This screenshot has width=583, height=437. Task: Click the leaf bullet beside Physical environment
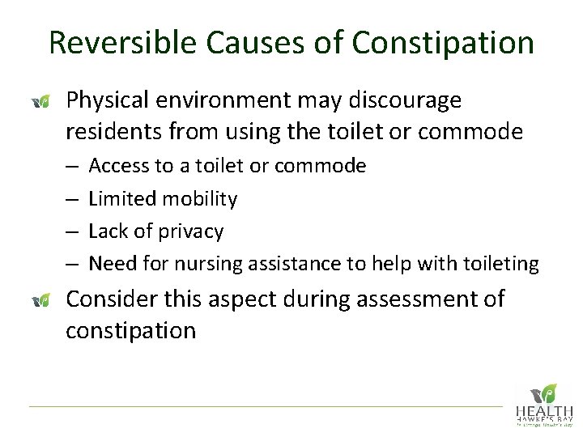pyautogui.click(x=40, y=101)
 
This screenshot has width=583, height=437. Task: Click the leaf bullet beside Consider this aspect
pyautogui.click(x=40, y=300)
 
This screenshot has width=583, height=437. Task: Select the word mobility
pyautogui.click(x=199, y=198)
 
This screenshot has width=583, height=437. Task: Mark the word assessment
pyautogui.click(x=405, y=299)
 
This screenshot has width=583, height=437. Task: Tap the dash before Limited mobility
pyautogui.click(x=71, y=199)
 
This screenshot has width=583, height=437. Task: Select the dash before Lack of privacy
pyautogui.click(x=71, y=231)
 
